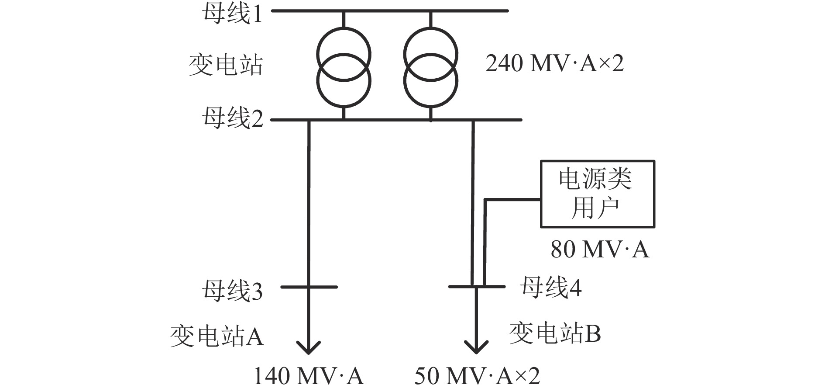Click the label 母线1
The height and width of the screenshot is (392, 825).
[232, 14]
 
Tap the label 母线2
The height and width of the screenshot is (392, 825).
[232, 118]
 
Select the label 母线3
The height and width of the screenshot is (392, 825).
[232, 290]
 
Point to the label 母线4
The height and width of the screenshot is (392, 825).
[551, 288]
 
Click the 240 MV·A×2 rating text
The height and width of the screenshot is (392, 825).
[554, 64]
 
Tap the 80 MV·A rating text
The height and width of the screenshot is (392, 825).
[599, 250]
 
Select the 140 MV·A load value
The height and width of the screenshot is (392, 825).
[308, 376]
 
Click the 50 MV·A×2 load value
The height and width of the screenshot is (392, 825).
[477, 376]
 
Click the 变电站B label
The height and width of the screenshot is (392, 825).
[555, 333]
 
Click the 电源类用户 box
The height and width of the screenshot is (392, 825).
[597, 194]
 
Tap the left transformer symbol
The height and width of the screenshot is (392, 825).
[344, 67]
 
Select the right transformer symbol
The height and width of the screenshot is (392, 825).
[431, 67]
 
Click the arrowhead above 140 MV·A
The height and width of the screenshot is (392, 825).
[309, 347]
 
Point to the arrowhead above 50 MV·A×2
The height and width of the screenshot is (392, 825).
[476, 347]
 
